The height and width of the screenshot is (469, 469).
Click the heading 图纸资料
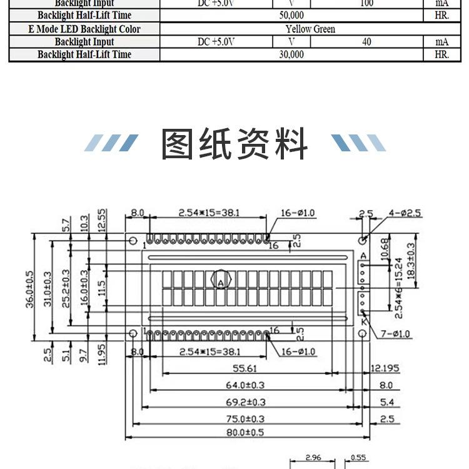(234, 144)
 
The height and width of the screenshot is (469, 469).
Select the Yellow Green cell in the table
(310, 29)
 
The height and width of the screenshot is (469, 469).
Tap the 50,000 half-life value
(292, 16)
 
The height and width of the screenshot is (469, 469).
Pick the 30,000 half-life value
(292, 54)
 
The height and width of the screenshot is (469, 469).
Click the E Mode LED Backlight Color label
(84, 29)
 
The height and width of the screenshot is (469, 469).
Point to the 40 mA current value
(366, 42)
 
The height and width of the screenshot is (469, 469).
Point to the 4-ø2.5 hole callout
(405, 213)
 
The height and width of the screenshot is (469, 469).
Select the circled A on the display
(221, 282)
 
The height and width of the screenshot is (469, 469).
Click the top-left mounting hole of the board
(132, 241)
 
